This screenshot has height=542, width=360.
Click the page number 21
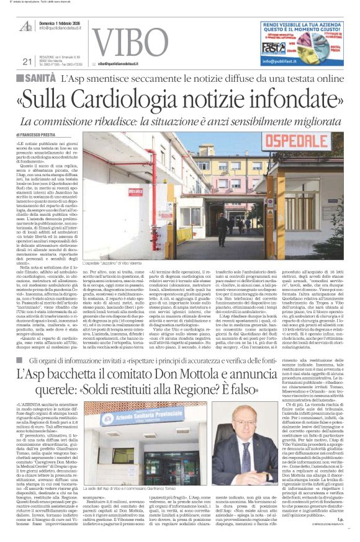26,61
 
